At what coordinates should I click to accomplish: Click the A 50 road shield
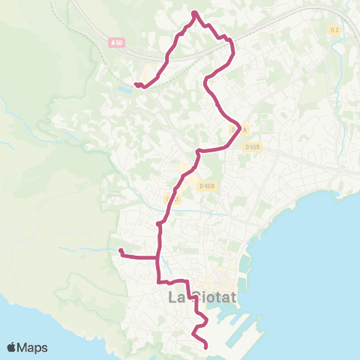click(x=115, y=43)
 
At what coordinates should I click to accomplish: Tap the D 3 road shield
click(x=335, y=30)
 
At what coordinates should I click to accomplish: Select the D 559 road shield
click(x=253, y=147)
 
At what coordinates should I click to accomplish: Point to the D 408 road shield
click(x=207, y=185)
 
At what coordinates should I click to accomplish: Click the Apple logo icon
click(x=12, y=348)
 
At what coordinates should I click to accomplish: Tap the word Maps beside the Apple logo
click(x=34, y=348)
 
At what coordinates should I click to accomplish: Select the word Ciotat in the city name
click(x=215, y=298)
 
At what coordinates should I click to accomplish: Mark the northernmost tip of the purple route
click(x=194, y=13)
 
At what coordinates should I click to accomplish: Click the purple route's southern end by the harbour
click(x=206, y=346)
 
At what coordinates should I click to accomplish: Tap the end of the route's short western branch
click(x=120, y=250)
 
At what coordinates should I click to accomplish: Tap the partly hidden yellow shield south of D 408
click(x=171, y=199)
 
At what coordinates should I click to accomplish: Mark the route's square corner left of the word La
click(x=158, y=281)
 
